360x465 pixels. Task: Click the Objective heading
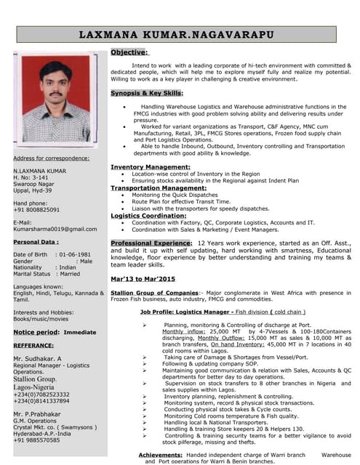point(129,52)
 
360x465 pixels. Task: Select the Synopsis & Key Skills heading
point(147,94)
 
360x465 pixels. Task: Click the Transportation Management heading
point(153,188)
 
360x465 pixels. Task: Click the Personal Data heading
point(36,242)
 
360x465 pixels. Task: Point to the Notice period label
point(36,331)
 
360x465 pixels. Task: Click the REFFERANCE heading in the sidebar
point(33,346)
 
